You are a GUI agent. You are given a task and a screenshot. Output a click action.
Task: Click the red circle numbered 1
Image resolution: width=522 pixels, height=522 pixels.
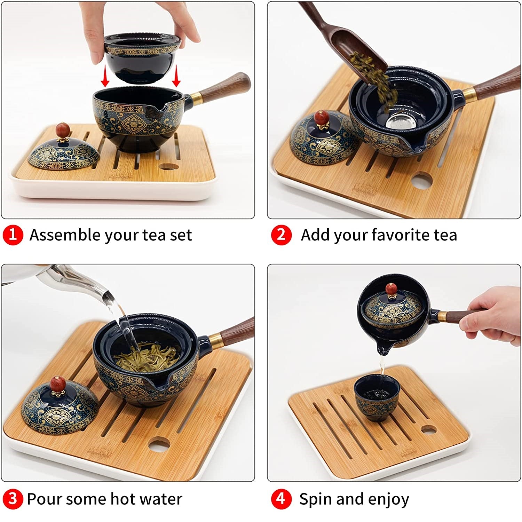(x=13, y=235)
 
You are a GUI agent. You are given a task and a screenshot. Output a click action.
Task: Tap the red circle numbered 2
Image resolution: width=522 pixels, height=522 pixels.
(x=281, y=235)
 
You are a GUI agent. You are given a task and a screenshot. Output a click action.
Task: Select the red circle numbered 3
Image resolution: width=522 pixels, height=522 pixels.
(x=13, y=499)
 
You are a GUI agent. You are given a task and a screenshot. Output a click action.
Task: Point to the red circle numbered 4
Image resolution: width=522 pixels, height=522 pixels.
(x=281, y=499)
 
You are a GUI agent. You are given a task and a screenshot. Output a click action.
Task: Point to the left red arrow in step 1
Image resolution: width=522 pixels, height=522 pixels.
(x=105, y=77)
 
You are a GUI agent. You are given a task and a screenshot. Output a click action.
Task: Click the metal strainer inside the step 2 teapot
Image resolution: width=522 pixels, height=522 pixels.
(x=400, y=120)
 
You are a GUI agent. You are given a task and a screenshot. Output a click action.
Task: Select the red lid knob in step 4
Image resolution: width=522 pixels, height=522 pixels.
(x=391, y=290)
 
